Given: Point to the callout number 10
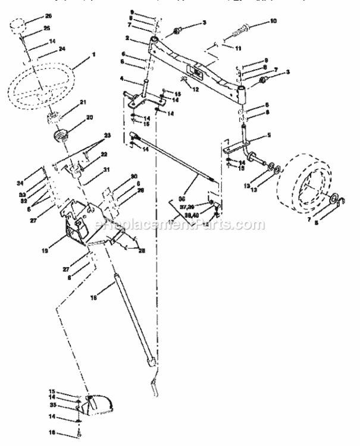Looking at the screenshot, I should coord(273,21).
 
